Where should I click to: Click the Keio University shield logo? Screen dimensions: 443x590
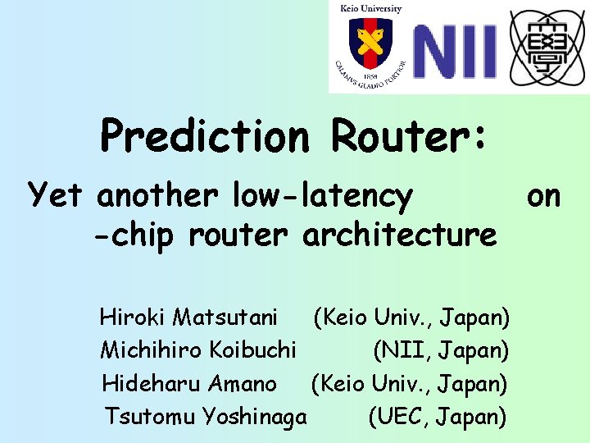point(370,43)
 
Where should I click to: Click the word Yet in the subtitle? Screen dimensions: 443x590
point(57,196)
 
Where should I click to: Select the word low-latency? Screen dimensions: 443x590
point(323,196)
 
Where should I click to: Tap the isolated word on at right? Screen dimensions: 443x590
point(543,196)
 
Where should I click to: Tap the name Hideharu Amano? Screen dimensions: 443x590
point(189,383)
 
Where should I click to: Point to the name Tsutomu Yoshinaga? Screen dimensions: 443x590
point(206,417)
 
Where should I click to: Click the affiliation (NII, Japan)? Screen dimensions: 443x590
point(441,351)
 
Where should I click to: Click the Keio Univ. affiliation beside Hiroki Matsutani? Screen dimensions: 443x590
point(411,316)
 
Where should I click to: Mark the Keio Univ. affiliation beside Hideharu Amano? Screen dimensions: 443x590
point(409,383)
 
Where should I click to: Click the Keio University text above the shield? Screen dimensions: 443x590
point(370,9)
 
